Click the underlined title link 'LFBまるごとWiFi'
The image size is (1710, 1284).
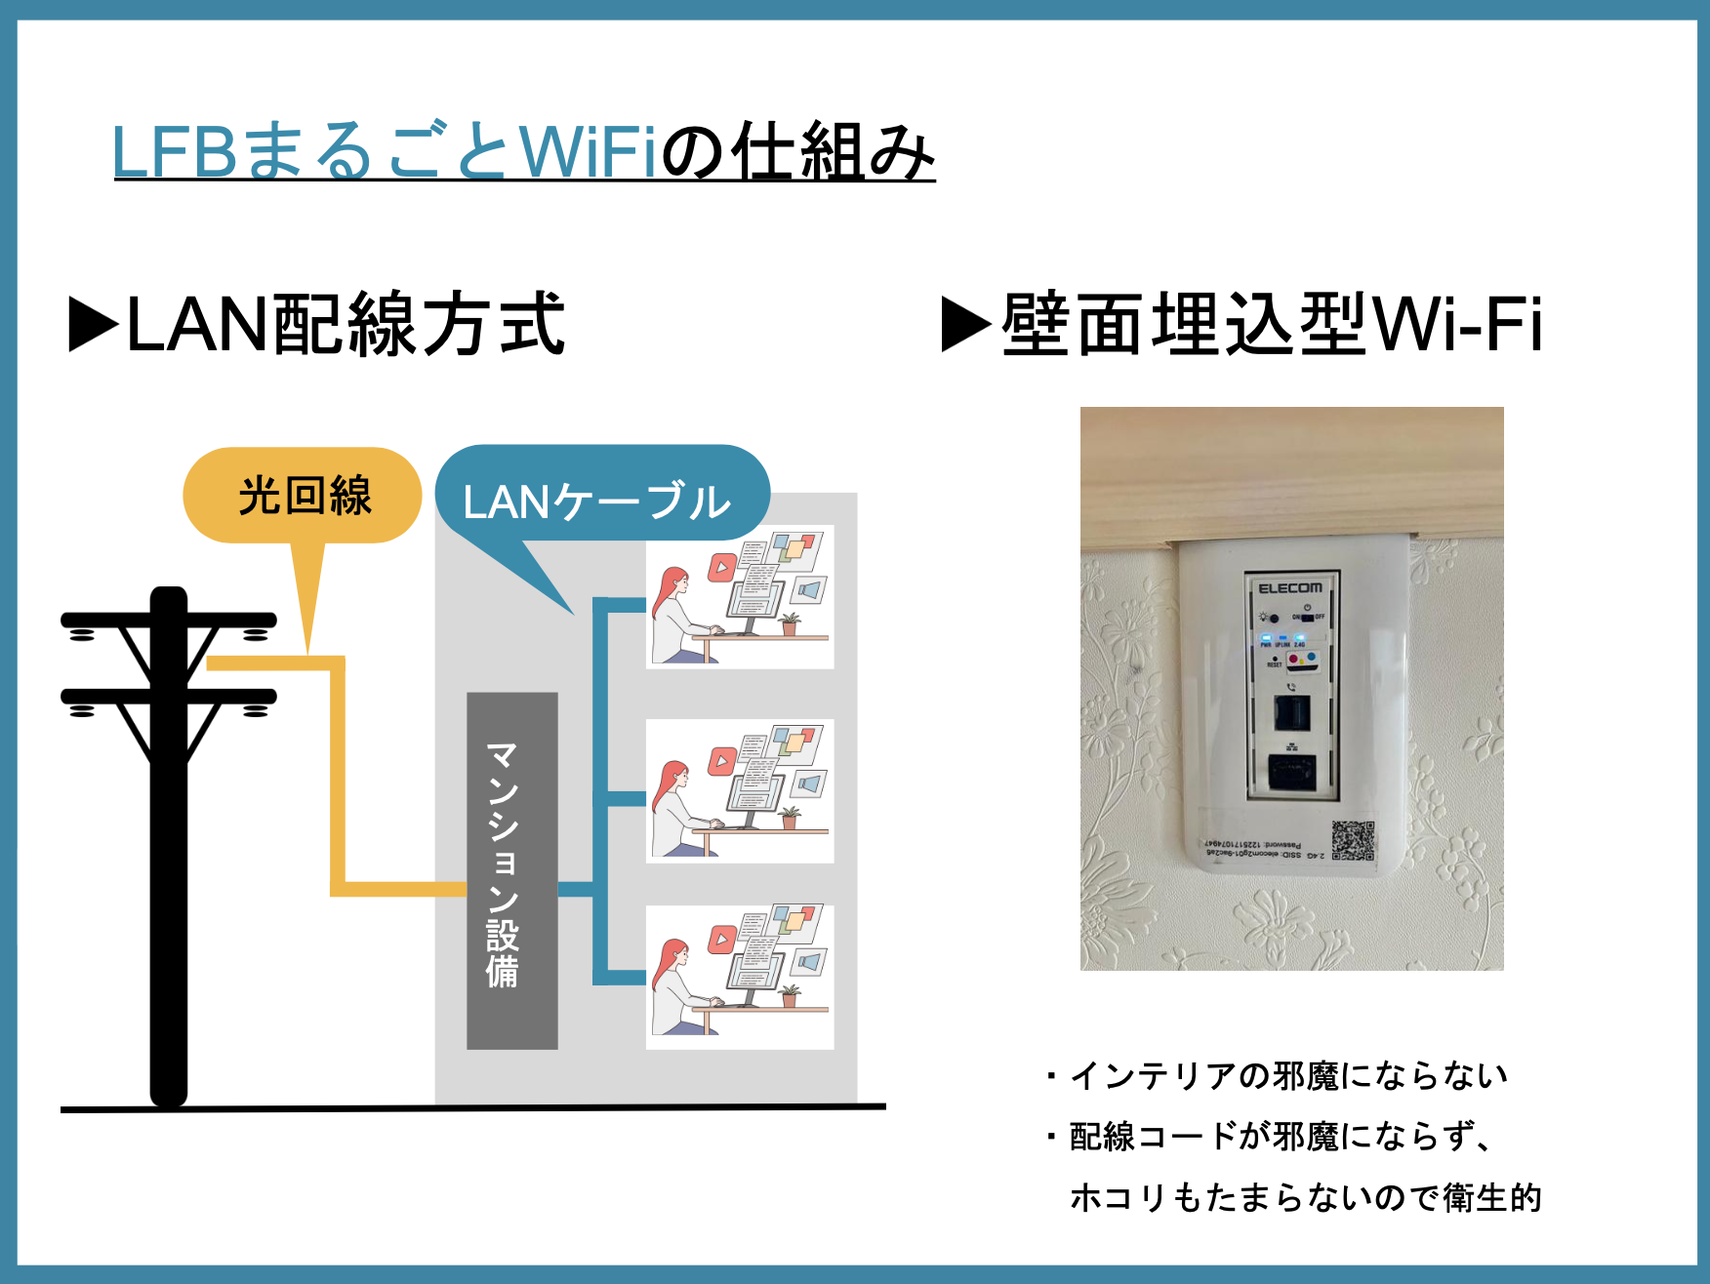[386, 151]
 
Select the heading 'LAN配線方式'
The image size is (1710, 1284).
[346, 325]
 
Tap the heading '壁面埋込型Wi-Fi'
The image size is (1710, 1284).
[1272, 325]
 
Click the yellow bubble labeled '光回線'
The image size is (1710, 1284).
[303, 496]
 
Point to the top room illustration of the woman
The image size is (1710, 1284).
[740, 597]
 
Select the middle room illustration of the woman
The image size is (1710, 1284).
[740, 791]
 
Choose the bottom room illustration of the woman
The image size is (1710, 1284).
[740, 978]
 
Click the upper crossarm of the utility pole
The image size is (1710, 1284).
[168, 621]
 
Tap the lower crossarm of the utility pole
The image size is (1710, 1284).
[168, 697]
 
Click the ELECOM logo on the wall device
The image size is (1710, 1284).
[1290, 588]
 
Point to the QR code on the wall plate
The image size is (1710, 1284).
[1353, 840]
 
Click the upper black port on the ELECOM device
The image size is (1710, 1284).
[1292, 714]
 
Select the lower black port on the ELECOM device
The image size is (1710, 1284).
[1292, 772]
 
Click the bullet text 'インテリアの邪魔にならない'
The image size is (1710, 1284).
[1288, 1076]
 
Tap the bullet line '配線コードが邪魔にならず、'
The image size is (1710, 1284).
[1279, 1137]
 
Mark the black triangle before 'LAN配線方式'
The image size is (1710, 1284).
[94, 325]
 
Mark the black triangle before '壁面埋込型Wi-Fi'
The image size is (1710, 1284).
[965, 325]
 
